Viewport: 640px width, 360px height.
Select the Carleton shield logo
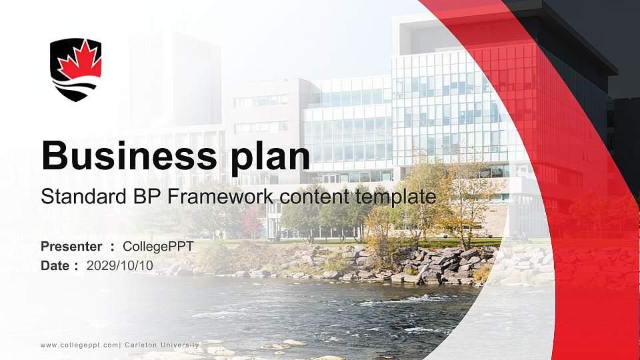76,69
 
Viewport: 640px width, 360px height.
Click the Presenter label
71,247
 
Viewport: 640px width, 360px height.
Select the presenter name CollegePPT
158,247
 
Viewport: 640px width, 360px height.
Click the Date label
55,265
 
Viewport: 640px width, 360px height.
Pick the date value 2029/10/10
120,265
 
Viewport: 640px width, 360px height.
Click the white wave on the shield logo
76,86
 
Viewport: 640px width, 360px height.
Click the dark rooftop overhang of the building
567,40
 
